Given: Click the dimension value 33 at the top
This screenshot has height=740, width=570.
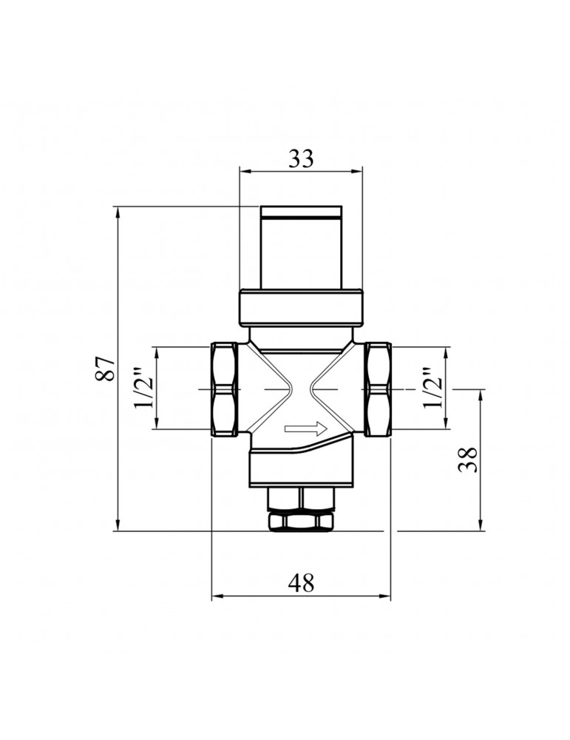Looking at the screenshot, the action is point(301,159).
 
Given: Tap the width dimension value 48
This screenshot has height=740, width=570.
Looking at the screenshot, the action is point(301,583).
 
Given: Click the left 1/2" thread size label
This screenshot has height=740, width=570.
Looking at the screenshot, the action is point(144,388).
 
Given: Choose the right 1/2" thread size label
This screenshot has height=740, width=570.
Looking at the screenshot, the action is point(434,388).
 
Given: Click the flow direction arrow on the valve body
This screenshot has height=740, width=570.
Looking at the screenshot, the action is point(306,429).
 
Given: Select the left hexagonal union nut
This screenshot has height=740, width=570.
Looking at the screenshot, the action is point(224,389).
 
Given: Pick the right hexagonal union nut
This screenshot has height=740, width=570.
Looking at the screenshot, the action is point(379,389).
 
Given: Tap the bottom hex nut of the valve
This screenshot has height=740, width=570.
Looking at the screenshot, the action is point(301,522).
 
